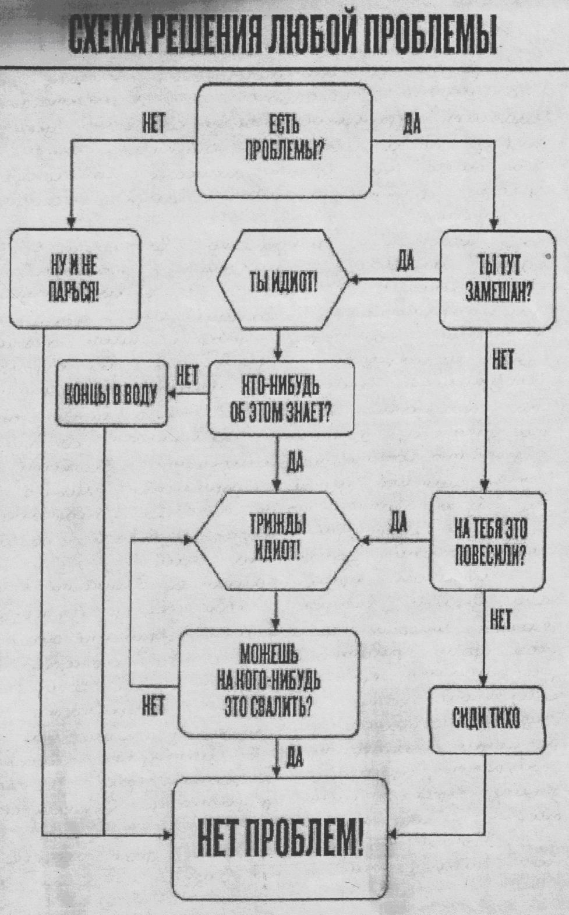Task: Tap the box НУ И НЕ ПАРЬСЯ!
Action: tap(74, 279)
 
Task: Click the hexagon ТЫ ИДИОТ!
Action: tap(283, 280)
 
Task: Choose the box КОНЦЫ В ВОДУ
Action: tap(111, 393)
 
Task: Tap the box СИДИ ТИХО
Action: tap(487, 720)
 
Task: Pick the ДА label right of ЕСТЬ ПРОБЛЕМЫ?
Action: tap(411, 124)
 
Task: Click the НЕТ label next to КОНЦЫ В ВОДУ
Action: tap(187, 375)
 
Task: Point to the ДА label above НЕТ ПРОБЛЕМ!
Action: tap(295, 758)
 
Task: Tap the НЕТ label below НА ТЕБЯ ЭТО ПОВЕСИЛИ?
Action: tap(500, 619)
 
